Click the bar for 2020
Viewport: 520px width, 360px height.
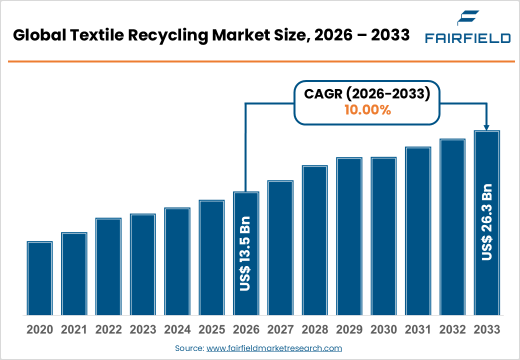(39, 278)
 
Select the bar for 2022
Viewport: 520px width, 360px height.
(108, 266)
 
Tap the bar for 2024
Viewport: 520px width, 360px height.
(177, 261)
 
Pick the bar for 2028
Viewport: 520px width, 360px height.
(314, 240)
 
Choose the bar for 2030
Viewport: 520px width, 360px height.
(383, 236)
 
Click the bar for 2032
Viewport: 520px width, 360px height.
(452, 227)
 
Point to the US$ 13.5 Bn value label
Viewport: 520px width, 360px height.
(245, 253)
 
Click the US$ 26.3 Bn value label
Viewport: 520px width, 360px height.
(486, 222)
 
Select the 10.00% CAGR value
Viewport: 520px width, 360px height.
(367, 110)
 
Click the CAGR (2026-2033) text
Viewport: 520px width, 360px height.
(367, 94)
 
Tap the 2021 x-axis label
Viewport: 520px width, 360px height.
(74, 329)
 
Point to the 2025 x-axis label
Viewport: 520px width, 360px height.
(211, 329)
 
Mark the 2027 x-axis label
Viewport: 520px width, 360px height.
(280, 329)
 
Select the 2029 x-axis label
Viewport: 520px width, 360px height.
(349, 329)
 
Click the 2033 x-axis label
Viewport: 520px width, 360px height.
(486, 329)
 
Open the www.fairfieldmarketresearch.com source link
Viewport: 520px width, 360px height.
(274, 348)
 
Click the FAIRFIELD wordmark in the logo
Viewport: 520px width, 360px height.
(467, 38)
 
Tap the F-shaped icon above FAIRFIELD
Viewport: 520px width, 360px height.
(468, 18)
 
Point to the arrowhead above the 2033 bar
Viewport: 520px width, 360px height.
(486, 128)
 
